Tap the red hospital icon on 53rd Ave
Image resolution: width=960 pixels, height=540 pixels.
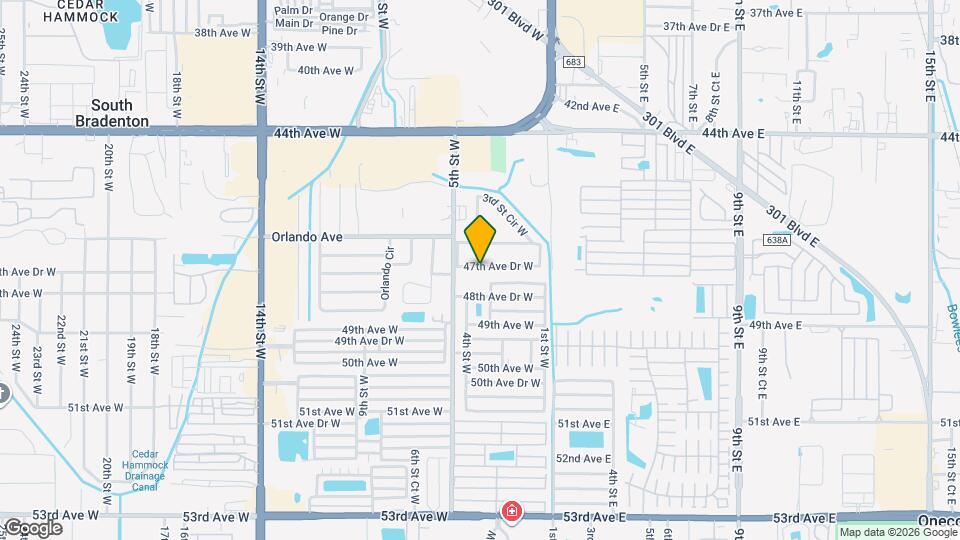512,512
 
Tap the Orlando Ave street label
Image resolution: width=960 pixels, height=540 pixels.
307,237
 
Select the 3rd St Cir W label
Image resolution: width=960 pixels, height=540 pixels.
504,215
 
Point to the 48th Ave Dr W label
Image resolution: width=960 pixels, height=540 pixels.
497,297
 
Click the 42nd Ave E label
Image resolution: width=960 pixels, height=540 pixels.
592,106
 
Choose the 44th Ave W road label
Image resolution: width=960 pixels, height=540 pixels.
312,132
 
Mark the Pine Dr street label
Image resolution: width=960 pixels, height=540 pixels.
340,31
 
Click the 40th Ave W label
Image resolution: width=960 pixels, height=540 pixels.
325,71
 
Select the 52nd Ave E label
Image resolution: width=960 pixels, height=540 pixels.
584,458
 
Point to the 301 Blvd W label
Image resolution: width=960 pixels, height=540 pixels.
518,18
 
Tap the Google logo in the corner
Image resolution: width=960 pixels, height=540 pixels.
32,527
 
